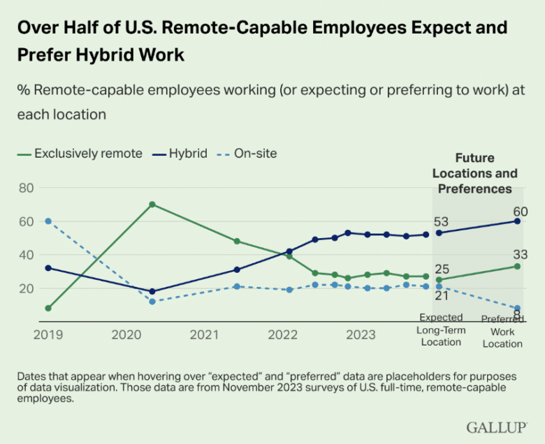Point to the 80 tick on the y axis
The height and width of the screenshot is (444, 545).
click(x=27, y=188)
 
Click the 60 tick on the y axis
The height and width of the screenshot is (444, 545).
click(x=27, y=221)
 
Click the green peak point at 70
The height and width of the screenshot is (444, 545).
click(x=152, y=205)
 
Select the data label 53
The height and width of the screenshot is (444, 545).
click(x=441, y=223)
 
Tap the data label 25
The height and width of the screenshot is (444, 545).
click(x=441, y=269)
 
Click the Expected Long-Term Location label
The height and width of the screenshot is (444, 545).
click(x=441, y=330)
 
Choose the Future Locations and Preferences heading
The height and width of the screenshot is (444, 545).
click(x=475, y=173)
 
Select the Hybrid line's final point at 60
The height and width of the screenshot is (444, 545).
click(x=518, y=221)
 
